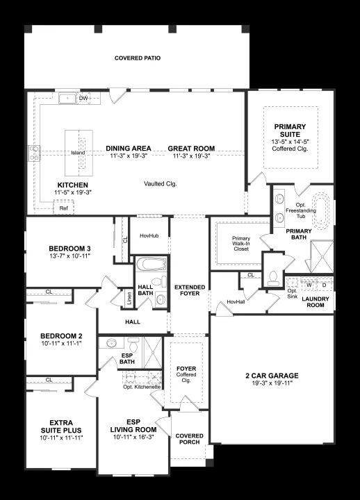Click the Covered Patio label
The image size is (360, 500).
point(138,58)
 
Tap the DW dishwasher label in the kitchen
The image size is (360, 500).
point(83,98)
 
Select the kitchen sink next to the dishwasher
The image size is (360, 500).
point(67,99)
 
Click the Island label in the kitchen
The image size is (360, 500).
point(78,153)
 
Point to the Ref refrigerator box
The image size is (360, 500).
point(63,207)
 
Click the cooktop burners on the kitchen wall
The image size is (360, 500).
point(34,153)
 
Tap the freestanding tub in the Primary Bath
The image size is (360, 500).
point(322,210)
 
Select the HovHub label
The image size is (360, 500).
point(149,235)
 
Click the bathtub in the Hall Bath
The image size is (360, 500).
point(152,264)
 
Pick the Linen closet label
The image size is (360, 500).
point(129,299)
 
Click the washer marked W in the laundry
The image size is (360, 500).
point(309,285)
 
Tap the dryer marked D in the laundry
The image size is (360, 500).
point(325,285)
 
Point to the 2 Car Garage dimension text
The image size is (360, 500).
point(272,383)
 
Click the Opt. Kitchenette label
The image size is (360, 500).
point(142,387)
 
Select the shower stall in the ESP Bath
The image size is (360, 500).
point(153,353)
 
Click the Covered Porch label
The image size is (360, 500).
point(189,439)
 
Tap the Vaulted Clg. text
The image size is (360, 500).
point(161,183)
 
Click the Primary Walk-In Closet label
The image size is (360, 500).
point(241,244)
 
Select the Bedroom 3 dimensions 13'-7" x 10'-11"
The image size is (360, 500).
point(70,256)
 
